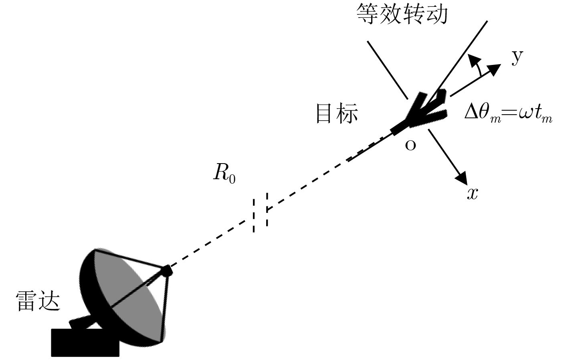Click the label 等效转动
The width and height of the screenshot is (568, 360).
click(x=401, y=15)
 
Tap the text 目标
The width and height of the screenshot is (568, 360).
click(x=337, y=113)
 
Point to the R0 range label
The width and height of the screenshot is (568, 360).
click(x=224, y=174)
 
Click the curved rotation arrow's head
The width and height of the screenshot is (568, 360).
click(x=474, y=60)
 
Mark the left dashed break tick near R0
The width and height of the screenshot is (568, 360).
click(x=254, y=216)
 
